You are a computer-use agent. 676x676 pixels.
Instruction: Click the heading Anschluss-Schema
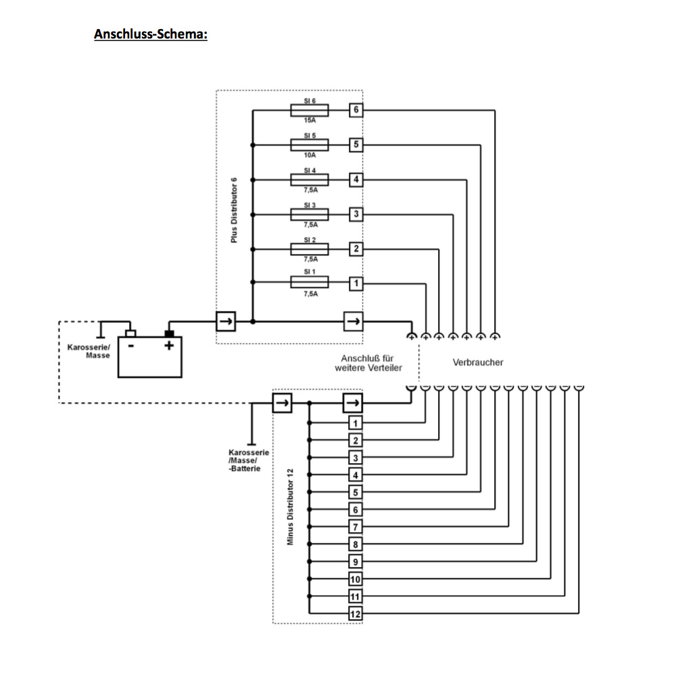pos(150,34)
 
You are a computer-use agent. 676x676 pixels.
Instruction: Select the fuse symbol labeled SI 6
pos(309,110)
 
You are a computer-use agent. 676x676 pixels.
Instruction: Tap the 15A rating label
pos(310,120)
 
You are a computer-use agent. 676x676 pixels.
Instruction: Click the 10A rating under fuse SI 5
pos(310,155)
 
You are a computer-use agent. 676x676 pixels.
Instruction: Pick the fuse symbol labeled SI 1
pos(309,283)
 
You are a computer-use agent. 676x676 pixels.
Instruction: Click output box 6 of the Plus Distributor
pos(356,110)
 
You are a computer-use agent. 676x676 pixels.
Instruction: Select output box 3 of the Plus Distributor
pos(356,214)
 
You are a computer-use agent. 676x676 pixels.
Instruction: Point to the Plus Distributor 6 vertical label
pos(234,210)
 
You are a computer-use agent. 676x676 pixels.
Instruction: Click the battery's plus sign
pos(170,345)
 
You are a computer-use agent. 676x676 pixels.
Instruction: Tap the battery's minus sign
pos(131,345)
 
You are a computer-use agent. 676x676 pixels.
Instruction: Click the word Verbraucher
pos(478,362)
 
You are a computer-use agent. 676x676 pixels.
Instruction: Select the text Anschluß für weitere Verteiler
pos(368,362)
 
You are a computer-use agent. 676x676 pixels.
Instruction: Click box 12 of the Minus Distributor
pos(356,614)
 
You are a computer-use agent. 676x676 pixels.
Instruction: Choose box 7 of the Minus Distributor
pos(356,527)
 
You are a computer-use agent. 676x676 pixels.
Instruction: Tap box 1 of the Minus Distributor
pos(356,423)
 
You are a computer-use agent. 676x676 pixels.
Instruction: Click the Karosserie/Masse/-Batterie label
pos(249,460)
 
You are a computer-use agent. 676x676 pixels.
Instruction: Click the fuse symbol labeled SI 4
pos(309,179)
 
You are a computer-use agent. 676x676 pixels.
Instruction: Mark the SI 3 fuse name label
pos(310,204)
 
